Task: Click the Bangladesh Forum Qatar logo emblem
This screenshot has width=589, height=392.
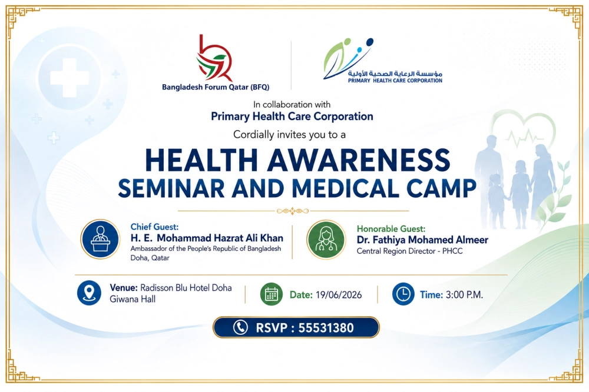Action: [x=215, y=58]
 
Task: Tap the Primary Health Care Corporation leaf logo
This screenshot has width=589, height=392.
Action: [x=348, y=59]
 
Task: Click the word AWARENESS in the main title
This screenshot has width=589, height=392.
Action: [x=358, y=160]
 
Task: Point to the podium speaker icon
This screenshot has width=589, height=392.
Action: [x=100, y=239]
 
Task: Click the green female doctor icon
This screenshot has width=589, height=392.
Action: [x=326, y=240]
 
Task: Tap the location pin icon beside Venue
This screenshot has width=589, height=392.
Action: [x=89, y=293]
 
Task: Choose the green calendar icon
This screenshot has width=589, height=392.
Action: [x=271, y=294]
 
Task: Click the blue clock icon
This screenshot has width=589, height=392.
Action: [x=403, y=294]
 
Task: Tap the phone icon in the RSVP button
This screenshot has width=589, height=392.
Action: [x=240, y=327]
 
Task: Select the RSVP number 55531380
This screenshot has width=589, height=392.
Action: [x=326, y=328]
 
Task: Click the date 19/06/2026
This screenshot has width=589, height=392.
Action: [x=339, y=295]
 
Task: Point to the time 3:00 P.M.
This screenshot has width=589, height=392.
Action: [x=464, y=295]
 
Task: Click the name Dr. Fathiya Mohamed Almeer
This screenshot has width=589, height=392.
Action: [x=422, y=240]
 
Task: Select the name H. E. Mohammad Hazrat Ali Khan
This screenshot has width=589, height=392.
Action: [x=207, y=238]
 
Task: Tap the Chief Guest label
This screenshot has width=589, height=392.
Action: [x=154, y=227]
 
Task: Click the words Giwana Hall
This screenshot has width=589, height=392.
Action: [x=132, y=299]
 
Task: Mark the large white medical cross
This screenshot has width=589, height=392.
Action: [x=70, y=77]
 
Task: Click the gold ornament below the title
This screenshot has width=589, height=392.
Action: [x=293, y=211]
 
